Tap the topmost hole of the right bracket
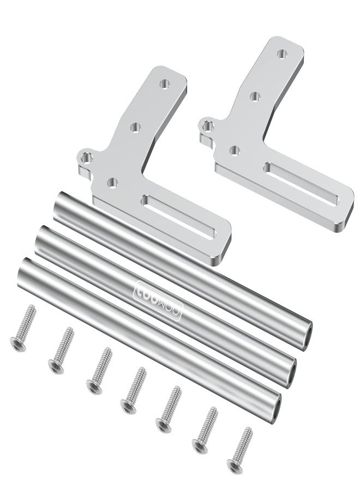point(282,55)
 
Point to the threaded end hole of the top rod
point(309,331)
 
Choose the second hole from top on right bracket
point(255,97)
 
